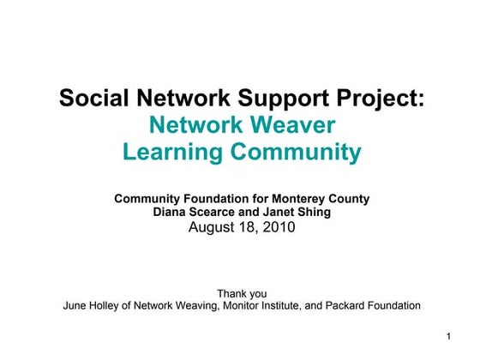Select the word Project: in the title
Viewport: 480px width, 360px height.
click(x=378, y=99)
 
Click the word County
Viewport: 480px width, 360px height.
click(x=349, y=199)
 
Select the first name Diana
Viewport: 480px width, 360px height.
click(x=171, y=213)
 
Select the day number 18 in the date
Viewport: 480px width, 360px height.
click(x=248, y=228)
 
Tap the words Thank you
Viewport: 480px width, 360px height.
click(x=242, y=293)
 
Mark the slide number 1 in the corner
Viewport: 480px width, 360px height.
click(x=449, y=333)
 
